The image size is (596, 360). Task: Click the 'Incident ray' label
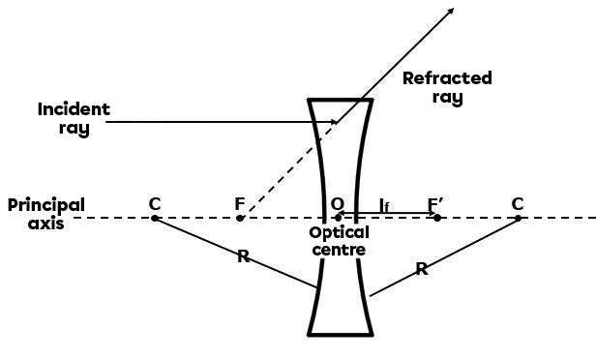click(74, 118)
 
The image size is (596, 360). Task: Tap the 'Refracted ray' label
click(447, 87)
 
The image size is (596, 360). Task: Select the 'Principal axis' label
click(45, 214)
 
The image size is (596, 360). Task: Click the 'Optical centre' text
click(339, 241)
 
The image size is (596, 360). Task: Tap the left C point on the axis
click(155, 218)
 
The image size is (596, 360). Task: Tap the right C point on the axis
click(518, 218)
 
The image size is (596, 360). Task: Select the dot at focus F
click(240, 218)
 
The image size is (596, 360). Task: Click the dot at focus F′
click(437, 218)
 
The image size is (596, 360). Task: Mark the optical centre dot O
click(338, 218)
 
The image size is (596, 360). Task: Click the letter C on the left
click(155, 204)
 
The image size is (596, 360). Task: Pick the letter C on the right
click(518, 204)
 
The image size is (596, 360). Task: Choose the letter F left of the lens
click(240, 204)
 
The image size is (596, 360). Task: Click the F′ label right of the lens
click(436, 204)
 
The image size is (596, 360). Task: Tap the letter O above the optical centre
click(338, 204)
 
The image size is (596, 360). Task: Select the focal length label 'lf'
click(384, 204)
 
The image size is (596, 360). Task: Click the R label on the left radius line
click(243, 256)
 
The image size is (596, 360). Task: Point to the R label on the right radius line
click(421, 269)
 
